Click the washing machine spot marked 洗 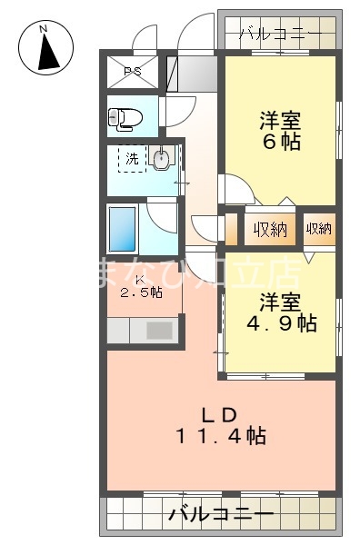point(132,159)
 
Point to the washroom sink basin point(162,161)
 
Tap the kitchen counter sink point(160,330)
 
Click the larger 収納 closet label point(270,229)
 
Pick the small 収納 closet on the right point(318,229)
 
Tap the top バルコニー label point(279,35)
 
